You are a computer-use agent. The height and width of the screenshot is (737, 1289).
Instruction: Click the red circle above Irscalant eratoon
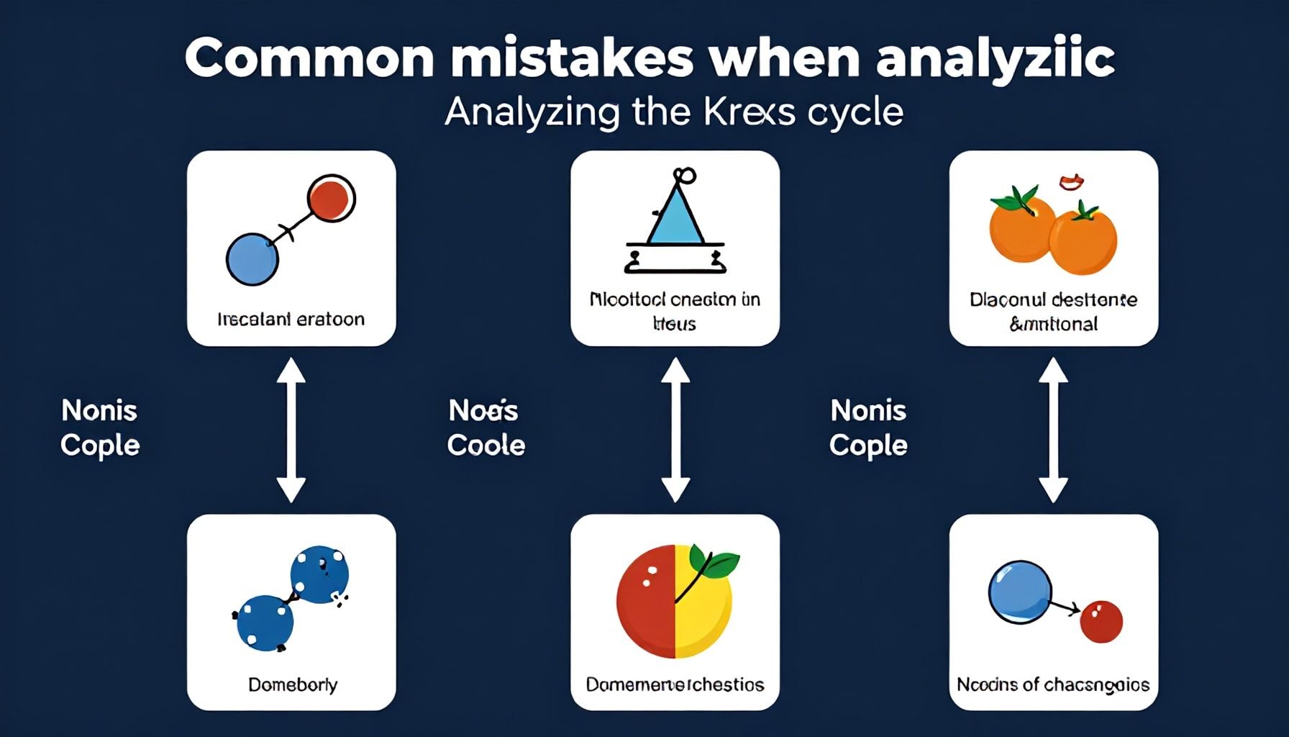[330, 199]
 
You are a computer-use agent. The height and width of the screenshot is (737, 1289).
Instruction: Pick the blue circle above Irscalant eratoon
[252, 259]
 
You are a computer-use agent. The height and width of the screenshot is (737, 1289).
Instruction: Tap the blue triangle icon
[675, 214]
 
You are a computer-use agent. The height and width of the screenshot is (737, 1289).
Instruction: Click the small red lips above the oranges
[1071, 182]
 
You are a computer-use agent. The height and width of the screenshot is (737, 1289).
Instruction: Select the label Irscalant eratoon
[291, 319]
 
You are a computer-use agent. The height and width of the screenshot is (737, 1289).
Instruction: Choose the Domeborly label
[292, 684]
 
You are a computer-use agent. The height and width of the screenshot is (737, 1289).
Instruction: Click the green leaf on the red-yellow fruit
[716, 562]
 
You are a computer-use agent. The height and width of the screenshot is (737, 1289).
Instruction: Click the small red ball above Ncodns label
[1101, 623]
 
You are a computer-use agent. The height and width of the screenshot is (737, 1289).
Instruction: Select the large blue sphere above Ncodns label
[1019, 592]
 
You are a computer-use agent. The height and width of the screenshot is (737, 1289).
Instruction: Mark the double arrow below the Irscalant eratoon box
[291, 430]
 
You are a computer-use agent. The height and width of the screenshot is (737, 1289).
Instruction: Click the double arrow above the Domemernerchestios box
[675, 430]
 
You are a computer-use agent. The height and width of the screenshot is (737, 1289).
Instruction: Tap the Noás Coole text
[486, 428]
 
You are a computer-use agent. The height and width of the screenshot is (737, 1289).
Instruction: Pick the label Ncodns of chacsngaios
[1053, 684]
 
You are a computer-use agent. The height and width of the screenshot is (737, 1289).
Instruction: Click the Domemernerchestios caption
[675, 684]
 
